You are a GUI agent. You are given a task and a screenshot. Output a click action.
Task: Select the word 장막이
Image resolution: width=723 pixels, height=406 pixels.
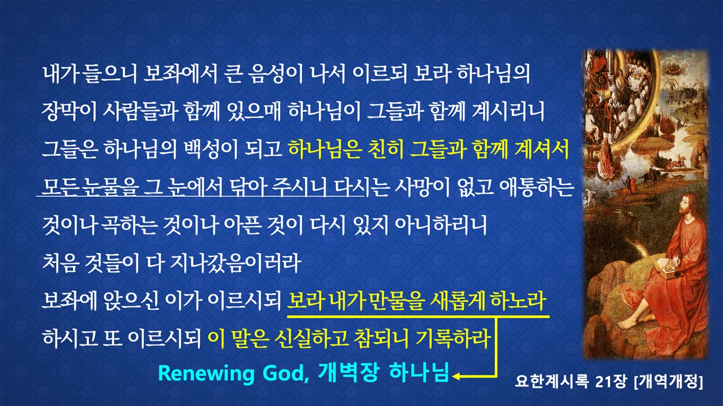(x=69, y=112)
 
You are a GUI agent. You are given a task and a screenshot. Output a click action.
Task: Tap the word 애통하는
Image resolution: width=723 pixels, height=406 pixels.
(x=536, y=187)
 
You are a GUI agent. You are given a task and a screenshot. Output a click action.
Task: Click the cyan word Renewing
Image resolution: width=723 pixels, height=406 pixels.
(x=206, y=373)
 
